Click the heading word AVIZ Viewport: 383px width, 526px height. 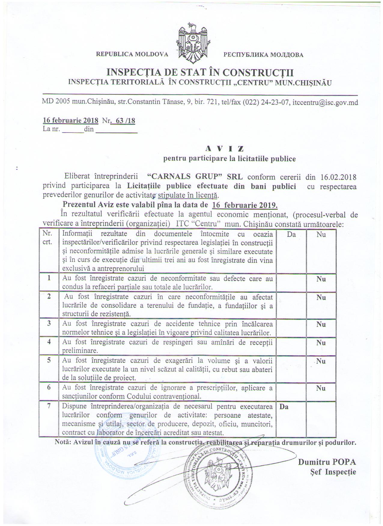coord(224,148)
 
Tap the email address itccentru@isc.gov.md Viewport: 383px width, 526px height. coord(325,102)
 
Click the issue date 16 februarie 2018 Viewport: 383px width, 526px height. coord(71,120)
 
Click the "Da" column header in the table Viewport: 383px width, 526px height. coord(291,234)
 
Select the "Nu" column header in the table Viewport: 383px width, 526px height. coord(321,234)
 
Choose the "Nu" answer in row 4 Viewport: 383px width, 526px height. coord(321,343)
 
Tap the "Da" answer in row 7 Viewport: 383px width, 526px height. coord(284,407)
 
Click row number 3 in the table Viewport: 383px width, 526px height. coord(49,323)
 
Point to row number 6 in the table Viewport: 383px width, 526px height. coord(49,387)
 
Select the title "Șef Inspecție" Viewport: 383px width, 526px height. coord(333,472)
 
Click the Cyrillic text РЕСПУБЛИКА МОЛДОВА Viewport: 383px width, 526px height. coord(263,55)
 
